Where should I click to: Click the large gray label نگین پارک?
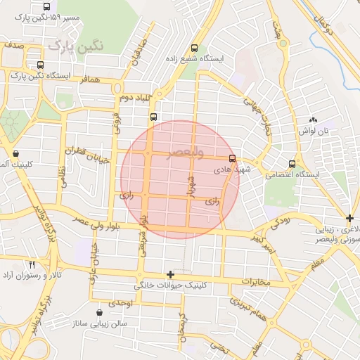(x=76, y=47)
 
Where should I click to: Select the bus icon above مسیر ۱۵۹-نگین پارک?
(x=46, y=6)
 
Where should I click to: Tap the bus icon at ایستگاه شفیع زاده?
(x=194, y=49)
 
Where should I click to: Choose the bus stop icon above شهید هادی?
(x=233, y=158)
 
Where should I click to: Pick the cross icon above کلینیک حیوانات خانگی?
(x=169, y=274)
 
